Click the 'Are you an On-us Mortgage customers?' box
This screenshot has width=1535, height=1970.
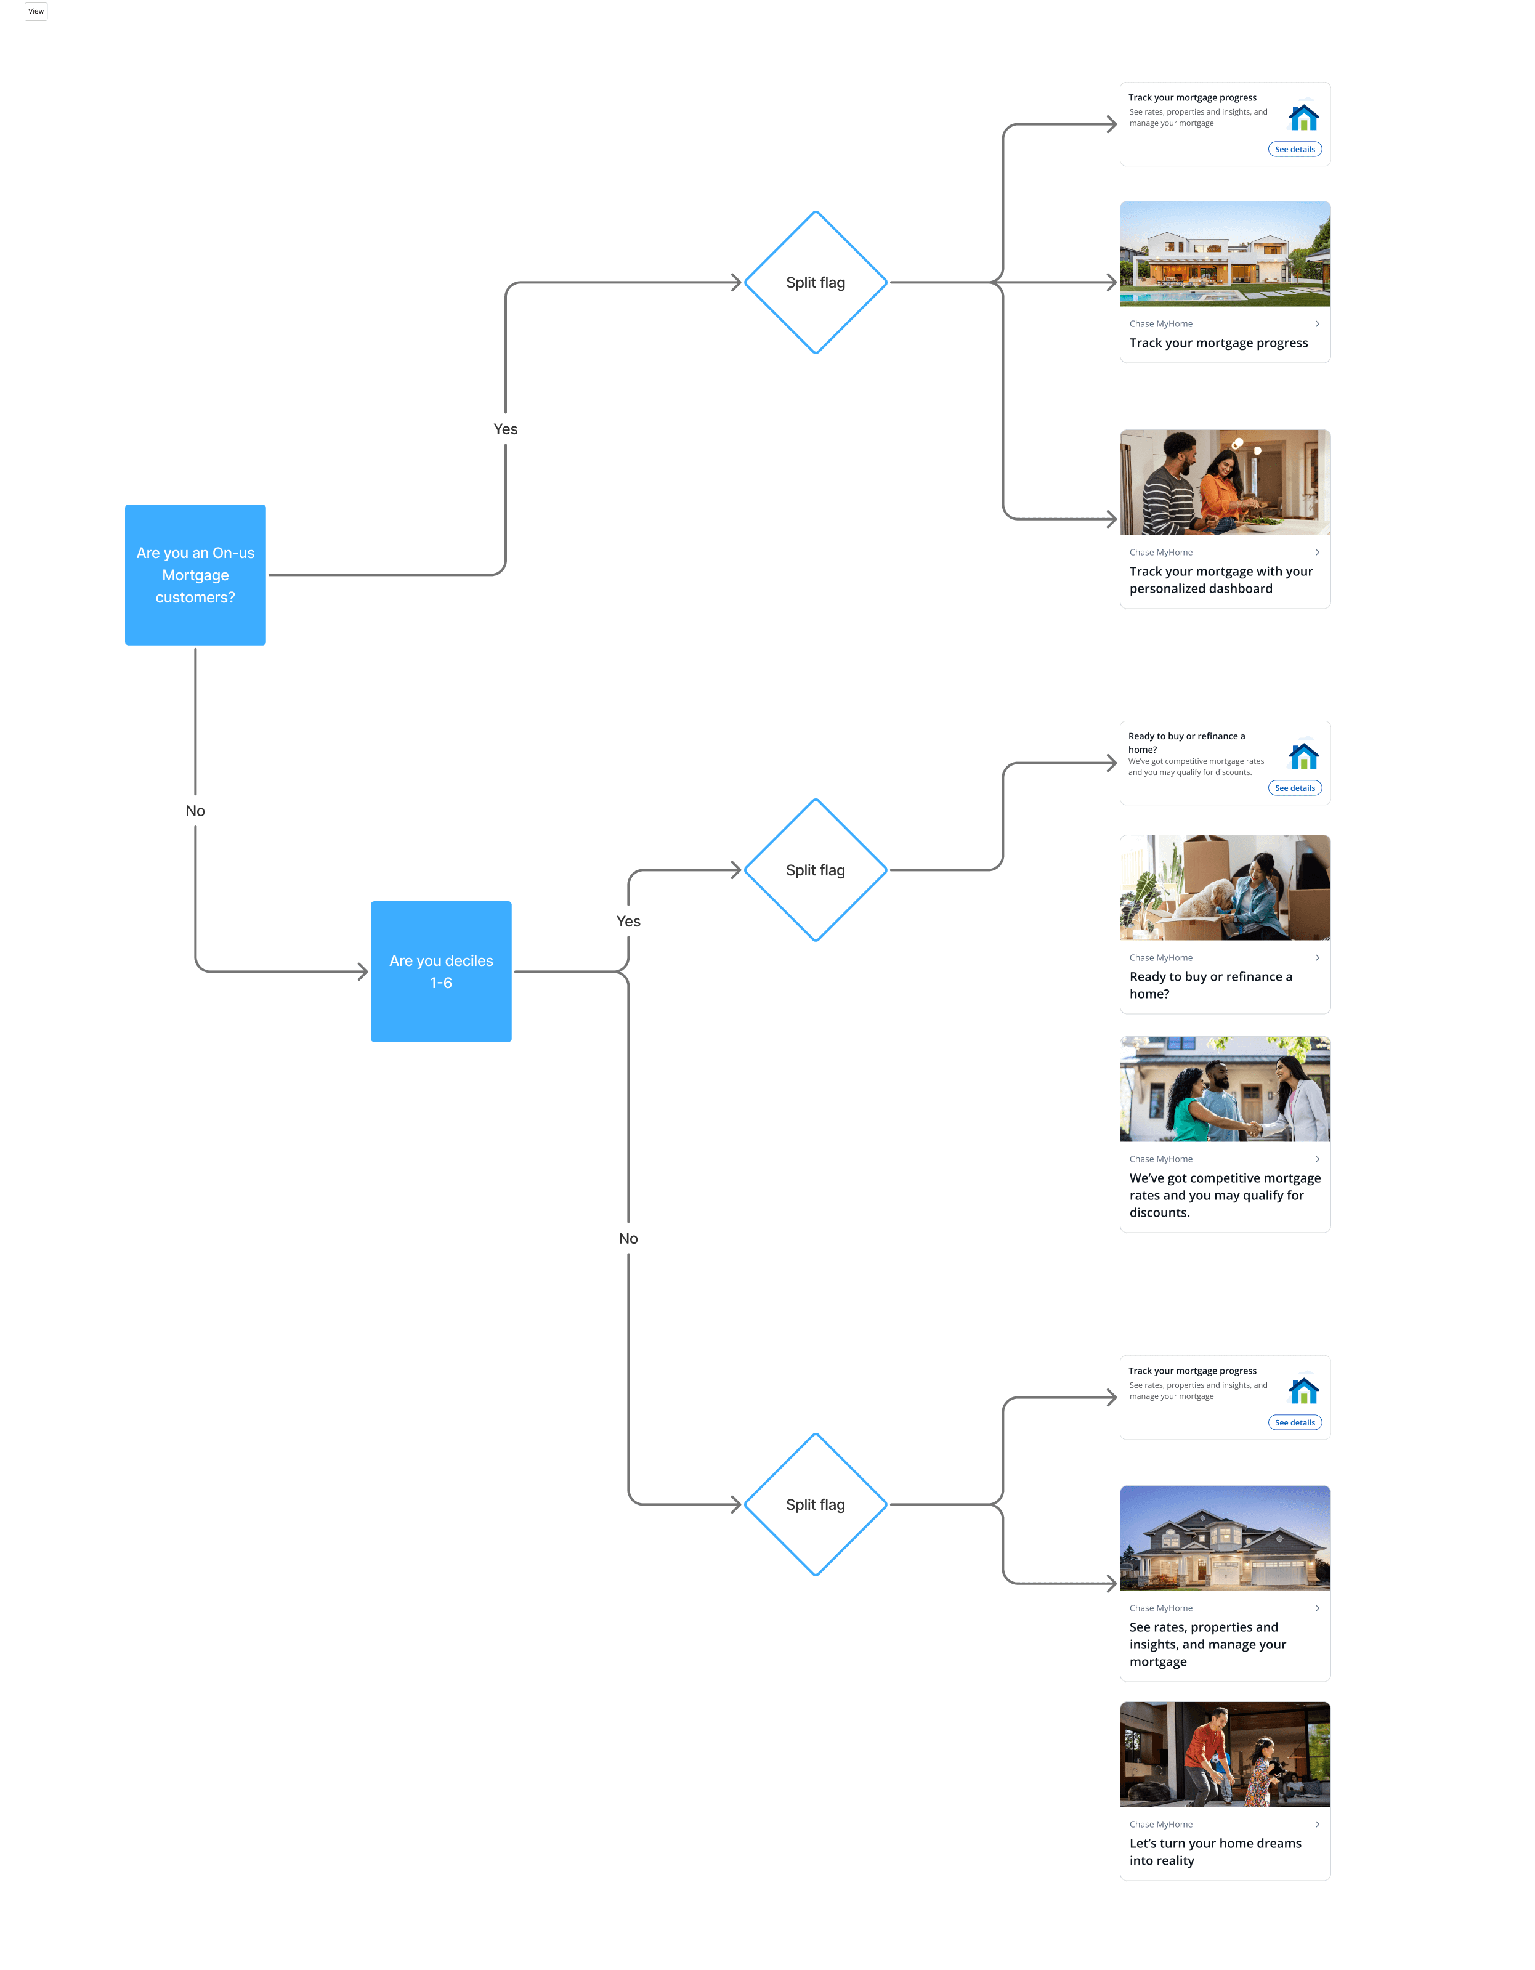pos(195,575)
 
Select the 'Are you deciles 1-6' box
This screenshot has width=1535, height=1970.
pos(441,971)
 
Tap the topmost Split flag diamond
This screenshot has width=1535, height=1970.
pos(816,282)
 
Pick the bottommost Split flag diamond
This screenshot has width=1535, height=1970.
pos(816,1504)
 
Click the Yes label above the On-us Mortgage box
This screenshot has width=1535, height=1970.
pos(505,429)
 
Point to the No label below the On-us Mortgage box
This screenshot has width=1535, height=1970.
pos(195,811)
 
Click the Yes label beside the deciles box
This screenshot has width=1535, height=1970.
pos(628,921)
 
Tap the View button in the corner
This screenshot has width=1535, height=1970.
pos(36,12)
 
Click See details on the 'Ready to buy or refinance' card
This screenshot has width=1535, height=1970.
pos(1294,788)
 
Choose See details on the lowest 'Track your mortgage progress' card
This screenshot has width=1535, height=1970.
pos(1294,1422)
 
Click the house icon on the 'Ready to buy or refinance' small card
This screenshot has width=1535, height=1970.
pos(1303,755)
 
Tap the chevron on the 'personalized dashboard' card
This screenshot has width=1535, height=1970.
pos(1317,552)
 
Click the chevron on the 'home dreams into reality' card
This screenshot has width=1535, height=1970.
pos(1317,1824)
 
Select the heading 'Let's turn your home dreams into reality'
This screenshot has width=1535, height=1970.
pos(1215,1852)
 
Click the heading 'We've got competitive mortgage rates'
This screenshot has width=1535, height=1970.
pos(1224,1195)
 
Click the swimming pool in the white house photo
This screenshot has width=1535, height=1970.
pos(1172,297)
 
